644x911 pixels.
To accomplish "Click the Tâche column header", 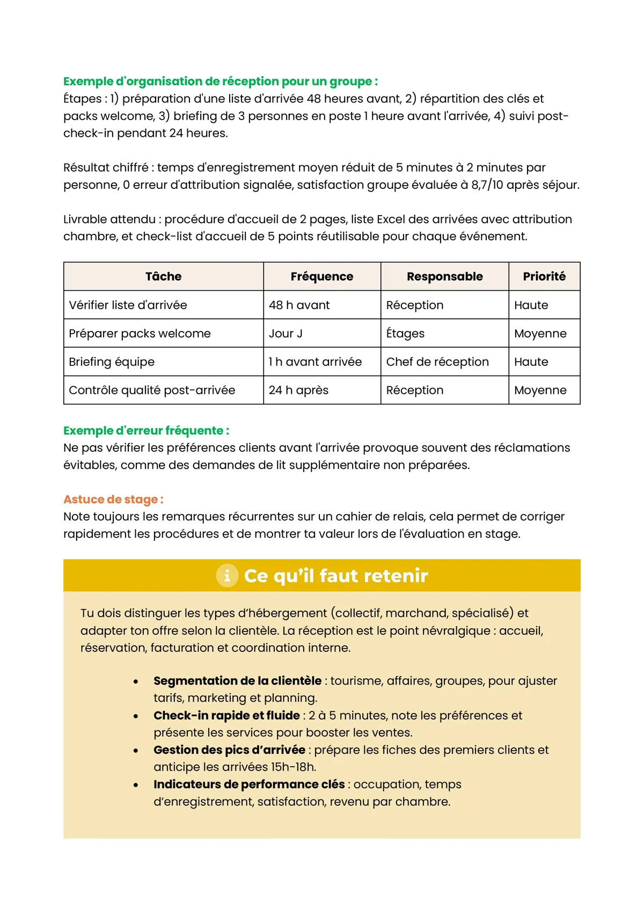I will (163, 276).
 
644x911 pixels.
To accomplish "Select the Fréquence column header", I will (321, 276).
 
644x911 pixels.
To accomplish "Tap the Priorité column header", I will (544, 276).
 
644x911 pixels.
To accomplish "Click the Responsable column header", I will (444, 276).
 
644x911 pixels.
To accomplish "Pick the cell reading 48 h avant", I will (299, 305).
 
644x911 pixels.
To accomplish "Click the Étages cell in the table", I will (405, 334).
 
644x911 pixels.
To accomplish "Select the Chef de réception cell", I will (437, 362).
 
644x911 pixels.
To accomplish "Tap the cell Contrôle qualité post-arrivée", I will (152, 391).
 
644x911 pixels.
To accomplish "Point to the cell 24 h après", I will (298, 391).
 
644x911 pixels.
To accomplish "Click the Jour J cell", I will (286, 334).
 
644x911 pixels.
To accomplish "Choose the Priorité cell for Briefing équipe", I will (531, 362).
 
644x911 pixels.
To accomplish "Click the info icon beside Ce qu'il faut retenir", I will (227, 576).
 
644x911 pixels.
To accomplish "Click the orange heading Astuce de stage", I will (113, 499).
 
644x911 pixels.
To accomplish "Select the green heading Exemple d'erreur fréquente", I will (146, 431).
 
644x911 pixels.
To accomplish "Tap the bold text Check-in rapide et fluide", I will (226, 716).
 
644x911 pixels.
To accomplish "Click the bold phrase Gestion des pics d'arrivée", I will (229, 750).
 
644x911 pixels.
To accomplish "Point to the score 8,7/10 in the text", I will (487, 185).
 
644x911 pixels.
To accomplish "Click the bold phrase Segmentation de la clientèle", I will (237, 681).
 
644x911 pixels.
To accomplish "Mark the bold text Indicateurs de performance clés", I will (249, 784).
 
